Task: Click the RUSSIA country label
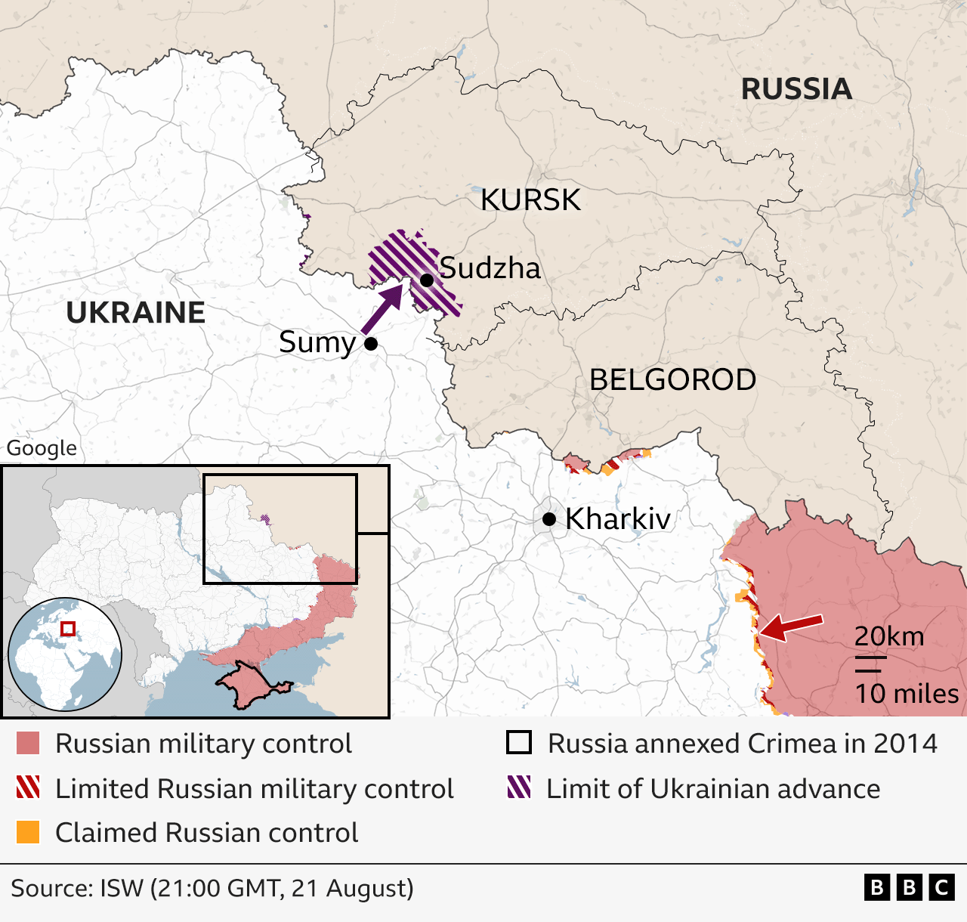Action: (796, 89)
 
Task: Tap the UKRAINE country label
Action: (135, 313)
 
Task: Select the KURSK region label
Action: (530, 200)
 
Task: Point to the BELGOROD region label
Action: (672, 379)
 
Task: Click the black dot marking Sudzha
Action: (426, 280)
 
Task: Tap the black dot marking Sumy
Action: (371, 344)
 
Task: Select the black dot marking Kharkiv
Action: (549, 519)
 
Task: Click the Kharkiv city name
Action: (617, 519)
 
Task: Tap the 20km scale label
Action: (889, 636)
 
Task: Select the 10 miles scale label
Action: (906, 693)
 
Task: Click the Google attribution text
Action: (42, 448)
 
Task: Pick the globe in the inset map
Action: (65, 654)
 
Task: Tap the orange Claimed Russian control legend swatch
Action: (28, 832)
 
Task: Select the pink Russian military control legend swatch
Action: (28, 744)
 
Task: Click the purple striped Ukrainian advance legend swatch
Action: (519, 787)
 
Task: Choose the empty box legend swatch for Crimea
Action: (519, 743)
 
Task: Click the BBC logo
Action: (910, 887)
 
